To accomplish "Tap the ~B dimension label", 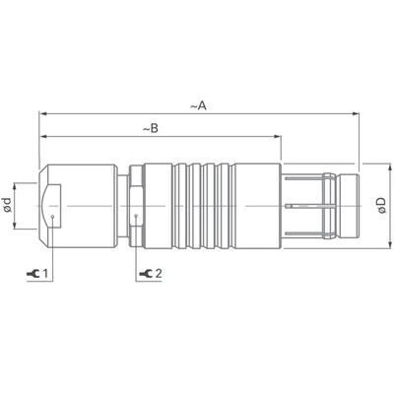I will tap(154, 128).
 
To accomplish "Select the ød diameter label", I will tap(8, 206).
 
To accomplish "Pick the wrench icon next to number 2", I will tap(146, 273).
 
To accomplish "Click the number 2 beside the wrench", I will tap(158, 273).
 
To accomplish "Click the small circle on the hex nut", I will tap(134, 217).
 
